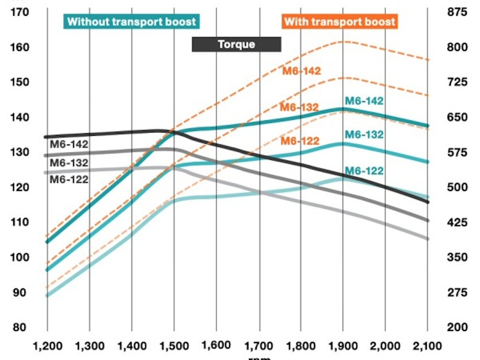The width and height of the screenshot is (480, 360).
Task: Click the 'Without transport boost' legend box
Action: [x=132, y=22]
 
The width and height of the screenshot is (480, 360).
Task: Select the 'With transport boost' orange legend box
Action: [x=340, y=22]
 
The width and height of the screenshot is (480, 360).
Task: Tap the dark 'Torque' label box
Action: [x=236, y=44]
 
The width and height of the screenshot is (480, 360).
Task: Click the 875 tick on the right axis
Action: [x=457, y=12]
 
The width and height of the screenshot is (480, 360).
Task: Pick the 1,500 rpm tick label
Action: [x=174, y=345]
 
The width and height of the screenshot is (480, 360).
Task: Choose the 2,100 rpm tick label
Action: [x=427, y=345]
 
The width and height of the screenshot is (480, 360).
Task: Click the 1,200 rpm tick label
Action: [x=47, y=345]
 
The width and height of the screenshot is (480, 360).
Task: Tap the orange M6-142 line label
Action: [x=302, y=71]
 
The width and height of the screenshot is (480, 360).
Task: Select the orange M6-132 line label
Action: [x=299, y=108]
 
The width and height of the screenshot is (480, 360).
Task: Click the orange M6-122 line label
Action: [x=300, y=141]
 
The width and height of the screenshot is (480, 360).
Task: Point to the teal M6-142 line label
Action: [x=364, y=101]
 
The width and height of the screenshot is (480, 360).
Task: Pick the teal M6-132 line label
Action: [x=364, y=134]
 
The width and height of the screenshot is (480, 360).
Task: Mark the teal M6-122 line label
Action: [x=364, y=170]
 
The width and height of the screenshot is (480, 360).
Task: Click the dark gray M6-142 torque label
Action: [x=69, y=145]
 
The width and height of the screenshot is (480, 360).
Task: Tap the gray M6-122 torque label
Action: [x=69, y=180]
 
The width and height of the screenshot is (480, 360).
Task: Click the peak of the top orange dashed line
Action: [x=343, y=41]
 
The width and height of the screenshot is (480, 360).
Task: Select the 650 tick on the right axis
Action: [x=457, y=117]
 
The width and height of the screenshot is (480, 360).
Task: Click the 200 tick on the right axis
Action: [x=457, y=327]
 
